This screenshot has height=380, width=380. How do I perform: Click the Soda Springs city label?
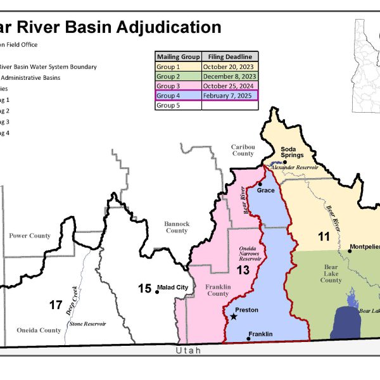tap(293, 152)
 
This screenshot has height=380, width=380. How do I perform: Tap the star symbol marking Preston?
tap(234, 316)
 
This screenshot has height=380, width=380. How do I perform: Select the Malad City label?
tap(174, 288)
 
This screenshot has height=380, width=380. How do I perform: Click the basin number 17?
tap(56, 305)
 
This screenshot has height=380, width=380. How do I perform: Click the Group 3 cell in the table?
tap(177, 85)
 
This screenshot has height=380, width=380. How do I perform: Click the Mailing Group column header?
tap(177, 56)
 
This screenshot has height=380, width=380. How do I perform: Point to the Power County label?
tap(30, 236)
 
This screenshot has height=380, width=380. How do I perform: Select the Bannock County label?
tap(177, 227)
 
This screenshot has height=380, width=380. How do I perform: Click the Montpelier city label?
tap(364, 247)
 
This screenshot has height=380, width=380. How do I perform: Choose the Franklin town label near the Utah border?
tap(260, 334)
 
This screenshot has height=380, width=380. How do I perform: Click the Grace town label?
tap(265, 189)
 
